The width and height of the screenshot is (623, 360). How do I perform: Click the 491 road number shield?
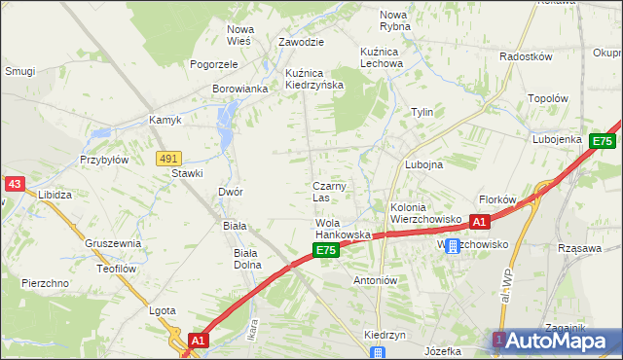click(x=168, y=158)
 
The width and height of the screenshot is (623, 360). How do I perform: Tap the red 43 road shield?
click(x=14, y=183)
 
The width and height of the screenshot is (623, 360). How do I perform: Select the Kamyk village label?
click(x=165, y=121)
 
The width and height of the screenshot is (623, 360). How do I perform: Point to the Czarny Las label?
click(x=329, y=192)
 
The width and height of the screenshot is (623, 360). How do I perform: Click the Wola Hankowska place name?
click(x=343, y=230)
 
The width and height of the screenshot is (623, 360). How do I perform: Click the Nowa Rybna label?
click(x=394, y=20)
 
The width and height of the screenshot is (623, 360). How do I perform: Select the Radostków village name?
click(x=526, y=56)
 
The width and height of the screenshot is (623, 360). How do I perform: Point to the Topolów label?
click(x=547, y=98)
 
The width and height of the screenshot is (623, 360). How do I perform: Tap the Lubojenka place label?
click(x=557, y=139)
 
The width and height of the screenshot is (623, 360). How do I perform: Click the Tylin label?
click(x=421, y=112)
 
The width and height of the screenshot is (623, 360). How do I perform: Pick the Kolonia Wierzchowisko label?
click(x=424, y=214)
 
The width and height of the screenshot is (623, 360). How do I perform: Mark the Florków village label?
click(x=497, y=199)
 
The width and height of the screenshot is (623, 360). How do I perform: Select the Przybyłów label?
click(x=104, y=160)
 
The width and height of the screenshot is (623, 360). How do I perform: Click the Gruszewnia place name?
click(x=113, y=243)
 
